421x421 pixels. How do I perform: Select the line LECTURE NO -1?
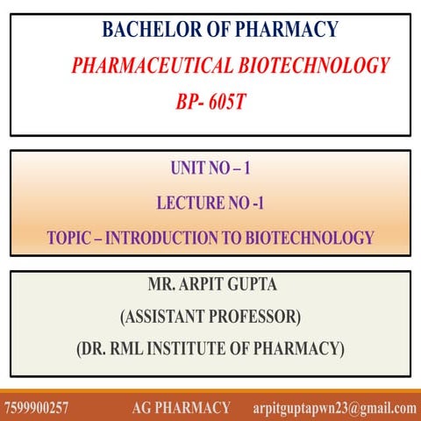pos(210,203)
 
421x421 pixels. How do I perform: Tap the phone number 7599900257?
pos(36,408)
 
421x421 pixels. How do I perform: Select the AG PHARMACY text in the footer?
pos(182,408)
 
